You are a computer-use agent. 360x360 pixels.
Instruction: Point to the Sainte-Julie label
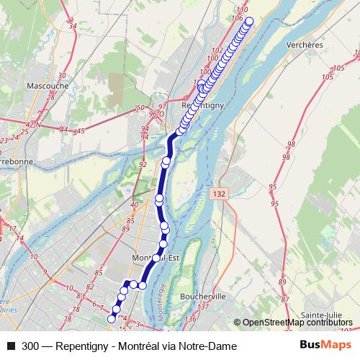(x=321, y=315)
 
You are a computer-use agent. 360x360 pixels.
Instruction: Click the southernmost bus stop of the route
(x=112, y=318)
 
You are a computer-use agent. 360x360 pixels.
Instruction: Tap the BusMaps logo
(x=321, y=346)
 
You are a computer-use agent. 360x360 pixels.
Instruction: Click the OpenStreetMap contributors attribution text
(x=298, y=323)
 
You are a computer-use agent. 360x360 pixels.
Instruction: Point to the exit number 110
(x=242, y=9)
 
